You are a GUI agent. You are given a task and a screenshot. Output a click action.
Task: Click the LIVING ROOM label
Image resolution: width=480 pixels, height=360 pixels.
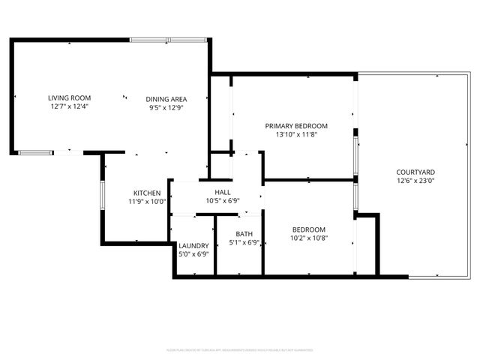tap(69, 98)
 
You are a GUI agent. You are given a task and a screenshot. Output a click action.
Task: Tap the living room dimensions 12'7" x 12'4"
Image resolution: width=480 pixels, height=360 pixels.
tap(69, 107)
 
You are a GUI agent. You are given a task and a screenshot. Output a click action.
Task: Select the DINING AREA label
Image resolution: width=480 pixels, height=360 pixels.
tap(166, 99)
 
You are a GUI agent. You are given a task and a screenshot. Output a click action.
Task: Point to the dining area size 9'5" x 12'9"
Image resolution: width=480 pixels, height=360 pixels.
tap(166, 108)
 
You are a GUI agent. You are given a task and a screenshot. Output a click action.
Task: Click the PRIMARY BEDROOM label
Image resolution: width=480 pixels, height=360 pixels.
tap(296, 126)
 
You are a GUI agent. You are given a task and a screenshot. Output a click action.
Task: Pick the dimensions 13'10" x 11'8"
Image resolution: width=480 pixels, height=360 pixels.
tap(296, 135)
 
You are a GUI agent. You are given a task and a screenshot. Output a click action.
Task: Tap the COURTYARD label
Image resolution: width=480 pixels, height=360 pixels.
tap(415, 172)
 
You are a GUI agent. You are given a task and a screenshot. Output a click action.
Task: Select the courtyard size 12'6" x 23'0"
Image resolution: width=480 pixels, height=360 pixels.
tap(415, 181)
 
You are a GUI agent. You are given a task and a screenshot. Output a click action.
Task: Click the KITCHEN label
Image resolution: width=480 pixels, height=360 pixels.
tap(147, 193)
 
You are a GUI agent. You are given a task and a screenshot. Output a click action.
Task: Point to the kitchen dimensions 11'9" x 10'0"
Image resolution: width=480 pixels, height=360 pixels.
tap(147, 202)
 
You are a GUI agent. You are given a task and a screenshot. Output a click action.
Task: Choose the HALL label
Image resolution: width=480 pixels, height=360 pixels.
tap(223, 192)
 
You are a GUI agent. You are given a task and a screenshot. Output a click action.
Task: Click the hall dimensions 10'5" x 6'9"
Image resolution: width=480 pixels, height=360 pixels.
tap(223, 201)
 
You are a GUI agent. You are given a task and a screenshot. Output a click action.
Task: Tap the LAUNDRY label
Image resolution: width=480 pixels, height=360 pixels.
tap(193, 245)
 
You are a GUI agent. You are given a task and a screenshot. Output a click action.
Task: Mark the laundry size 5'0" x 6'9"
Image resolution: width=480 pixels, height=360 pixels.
tap(193, 254)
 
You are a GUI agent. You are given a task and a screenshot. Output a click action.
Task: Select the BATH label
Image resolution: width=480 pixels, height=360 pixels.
tap(244, 234)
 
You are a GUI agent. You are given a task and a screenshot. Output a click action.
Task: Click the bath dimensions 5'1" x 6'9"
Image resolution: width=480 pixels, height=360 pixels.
tap(244, 243)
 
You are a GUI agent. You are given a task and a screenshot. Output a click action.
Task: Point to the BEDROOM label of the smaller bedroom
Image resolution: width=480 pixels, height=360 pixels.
tap(308, 229)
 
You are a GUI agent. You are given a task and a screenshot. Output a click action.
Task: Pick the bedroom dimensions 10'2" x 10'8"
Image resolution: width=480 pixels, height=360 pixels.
tap(308, 238)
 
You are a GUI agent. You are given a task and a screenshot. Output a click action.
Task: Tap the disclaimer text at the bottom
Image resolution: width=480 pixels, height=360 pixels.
tap(239, 349)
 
